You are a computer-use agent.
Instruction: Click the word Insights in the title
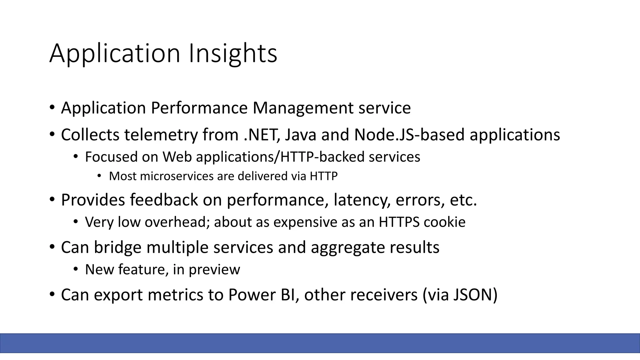point(232,54)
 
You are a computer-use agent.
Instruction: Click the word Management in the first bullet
point(303,108)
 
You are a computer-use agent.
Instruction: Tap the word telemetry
point(161,135)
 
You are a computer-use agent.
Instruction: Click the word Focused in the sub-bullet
point(111,157)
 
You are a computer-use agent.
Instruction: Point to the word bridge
point(117,247)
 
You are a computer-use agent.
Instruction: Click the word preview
point(214,270)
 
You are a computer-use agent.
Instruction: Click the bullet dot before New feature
point(76,269)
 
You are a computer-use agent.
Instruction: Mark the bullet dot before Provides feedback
point(52,199)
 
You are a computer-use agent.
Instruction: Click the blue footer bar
point(320,343)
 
